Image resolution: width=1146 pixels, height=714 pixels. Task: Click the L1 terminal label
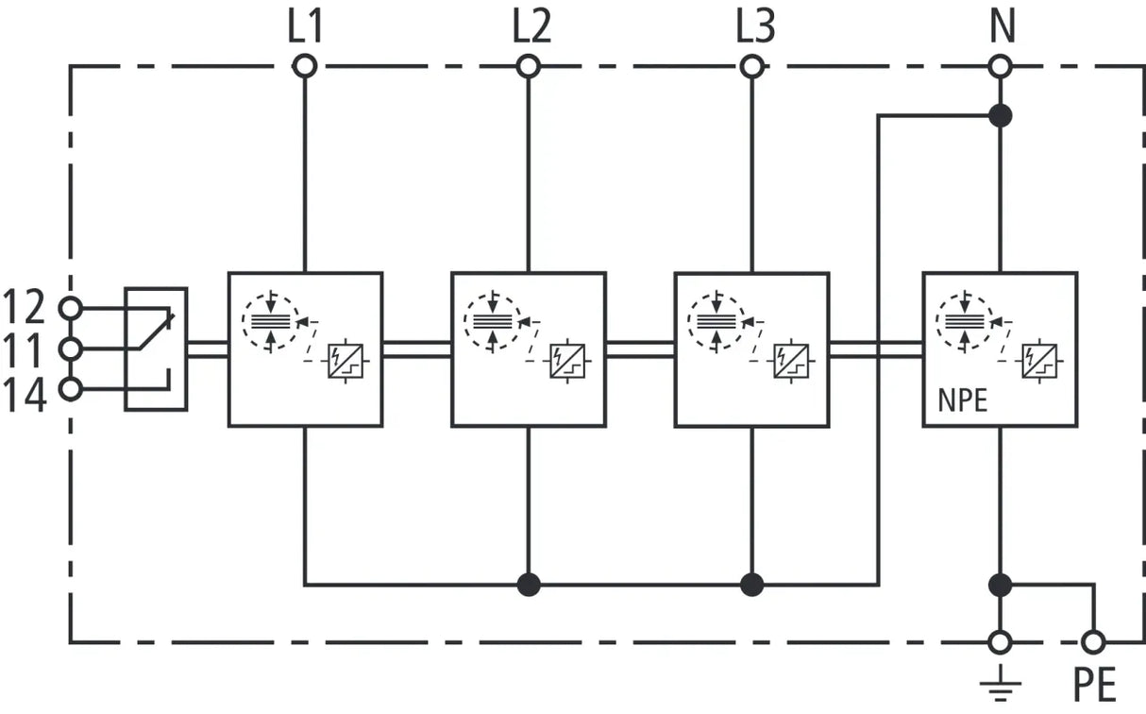tap(305, 26)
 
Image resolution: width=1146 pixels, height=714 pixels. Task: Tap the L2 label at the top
tap(531, 26)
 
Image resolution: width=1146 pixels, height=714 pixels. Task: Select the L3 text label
tap(755, 26)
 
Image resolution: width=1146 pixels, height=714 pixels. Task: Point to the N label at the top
tap(1003, 26)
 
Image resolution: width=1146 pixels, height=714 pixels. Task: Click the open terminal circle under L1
tap(305, 66)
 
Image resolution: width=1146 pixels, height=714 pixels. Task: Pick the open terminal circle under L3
tap(752, 66)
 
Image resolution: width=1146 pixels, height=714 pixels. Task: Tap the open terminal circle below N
tap(1001, 66)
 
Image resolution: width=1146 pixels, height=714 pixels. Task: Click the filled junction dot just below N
tap(1001, 115)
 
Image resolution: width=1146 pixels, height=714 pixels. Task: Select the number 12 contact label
tap(24, 307)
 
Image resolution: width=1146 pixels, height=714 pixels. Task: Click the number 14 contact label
tap(25, 395)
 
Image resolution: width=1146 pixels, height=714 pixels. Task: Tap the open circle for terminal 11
tap(70, 349)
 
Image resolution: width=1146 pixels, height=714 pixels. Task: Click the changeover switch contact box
tap(156, 349)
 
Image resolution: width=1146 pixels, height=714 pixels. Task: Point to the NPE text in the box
tap(962, 400)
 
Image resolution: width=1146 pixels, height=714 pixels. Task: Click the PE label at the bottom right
tap(1094, 685)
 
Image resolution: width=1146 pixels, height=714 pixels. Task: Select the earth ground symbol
tap(1001, 684)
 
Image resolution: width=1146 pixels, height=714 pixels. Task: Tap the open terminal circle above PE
tap(1094, 642)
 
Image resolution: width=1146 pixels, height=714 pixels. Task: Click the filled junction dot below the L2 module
tap(529, 584)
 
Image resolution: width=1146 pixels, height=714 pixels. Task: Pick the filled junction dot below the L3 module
tap(752, 584)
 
